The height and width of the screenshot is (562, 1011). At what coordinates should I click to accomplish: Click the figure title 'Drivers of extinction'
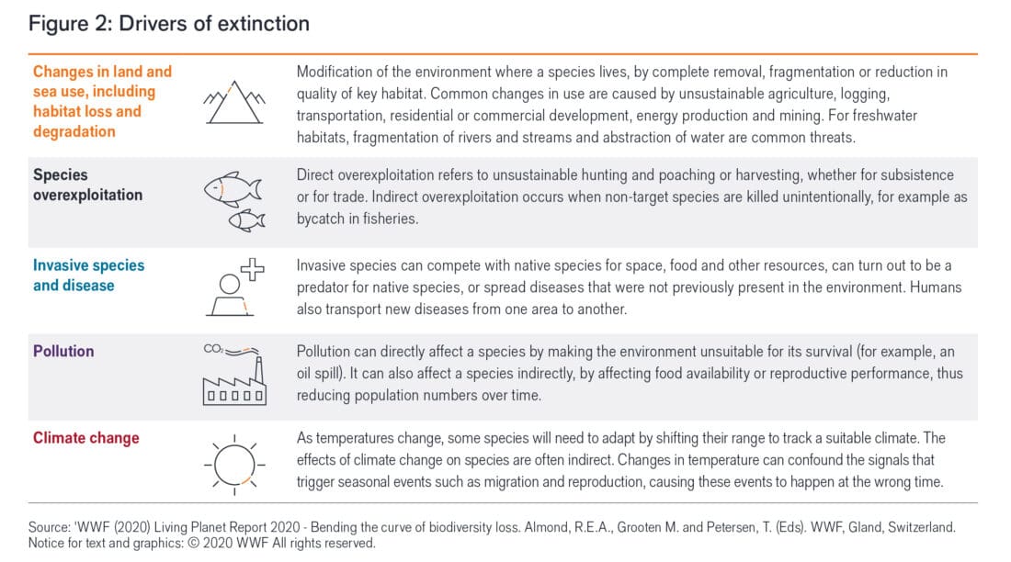168,24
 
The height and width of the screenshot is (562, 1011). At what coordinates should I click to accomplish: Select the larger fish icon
232,187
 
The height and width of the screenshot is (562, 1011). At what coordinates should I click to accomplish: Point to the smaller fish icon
246,219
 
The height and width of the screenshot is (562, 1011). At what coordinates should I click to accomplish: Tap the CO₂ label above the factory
212,349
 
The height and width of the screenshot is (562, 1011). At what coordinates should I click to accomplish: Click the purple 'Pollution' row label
63,351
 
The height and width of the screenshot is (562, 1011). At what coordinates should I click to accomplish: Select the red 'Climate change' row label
87,438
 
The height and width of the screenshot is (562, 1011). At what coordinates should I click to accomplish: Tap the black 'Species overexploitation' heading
87,185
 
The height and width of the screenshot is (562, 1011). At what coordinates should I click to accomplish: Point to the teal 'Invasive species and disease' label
88,275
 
